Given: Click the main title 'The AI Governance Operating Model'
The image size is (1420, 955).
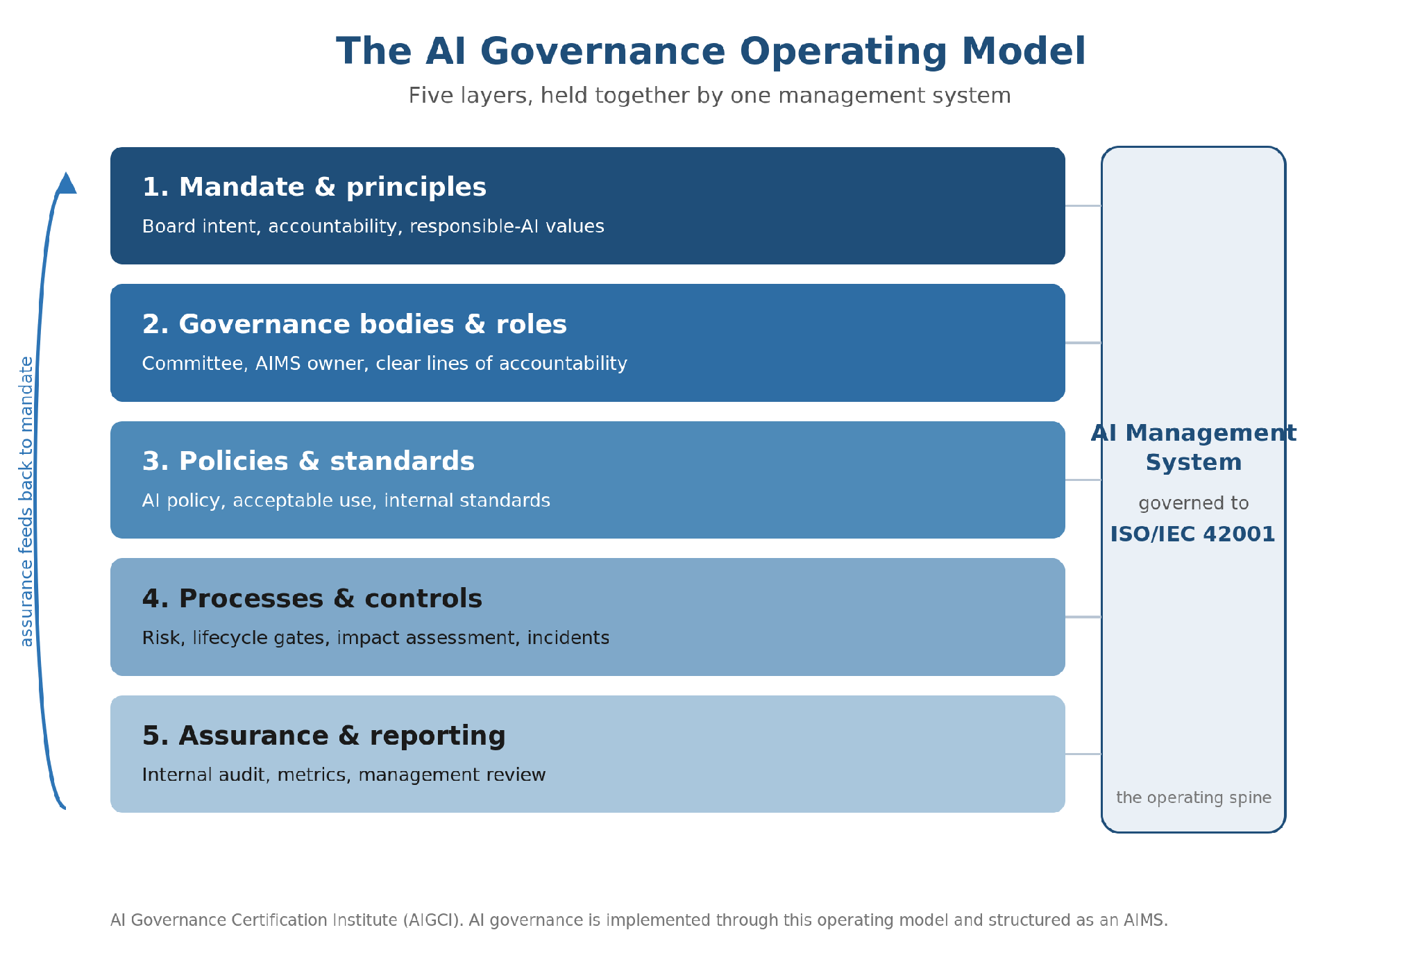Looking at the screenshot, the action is [711, 51].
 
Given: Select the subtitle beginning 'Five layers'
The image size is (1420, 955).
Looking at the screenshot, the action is [709, 95].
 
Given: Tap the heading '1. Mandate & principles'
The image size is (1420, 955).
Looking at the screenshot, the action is [314, 187].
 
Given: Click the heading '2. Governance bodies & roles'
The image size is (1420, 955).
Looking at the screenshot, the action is [355, 324].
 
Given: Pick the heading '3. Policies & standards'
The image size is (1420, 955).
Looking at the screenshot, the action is [308, 461].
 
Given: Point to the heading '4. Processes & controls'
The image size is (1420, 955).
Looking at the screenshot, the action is [312, 598].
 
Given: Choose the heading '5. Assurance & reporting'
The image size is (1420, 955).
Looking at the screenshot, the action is [324, 736].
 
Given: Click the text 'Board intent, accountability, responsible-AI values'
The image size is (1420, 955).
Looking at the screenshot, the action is [373, 226].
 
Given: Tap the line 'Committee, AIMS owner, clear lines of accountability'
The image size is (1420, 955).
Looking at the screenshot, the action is [384, 364].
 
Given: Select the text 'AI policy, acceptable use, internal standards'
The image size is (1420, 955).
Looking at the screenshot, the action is [346, 500].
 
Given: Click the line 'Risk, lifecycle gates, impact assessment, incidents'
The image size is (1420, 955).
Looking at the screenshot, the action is [375, 638].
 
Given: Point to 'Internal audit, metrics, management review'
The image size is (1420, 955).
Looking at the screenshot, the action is [344, 775].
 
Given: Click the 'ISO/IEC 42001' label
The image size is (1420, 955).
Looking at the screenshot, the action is [1193, 534].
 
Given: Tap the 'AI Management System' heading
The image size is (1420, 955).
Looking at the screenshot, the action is [1194, 448].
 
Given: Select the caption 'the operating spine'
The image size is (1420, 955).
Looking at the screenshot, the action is [1194, 798].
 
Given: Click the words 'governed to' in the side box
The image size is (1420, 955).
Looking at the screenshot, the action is [1194, 504].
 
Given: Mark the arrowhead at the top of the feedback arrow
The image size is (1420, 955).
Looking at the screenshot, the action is [66, 183].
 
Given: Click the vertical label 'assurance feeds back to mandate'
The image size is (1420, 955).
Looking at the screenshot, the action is [26, 501].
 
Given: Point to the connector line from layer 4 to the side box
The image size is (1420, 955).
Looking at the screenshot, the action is [1083, 617].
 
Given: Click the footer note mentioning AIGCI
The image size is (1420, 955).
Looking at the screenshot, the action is [639, 920].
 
